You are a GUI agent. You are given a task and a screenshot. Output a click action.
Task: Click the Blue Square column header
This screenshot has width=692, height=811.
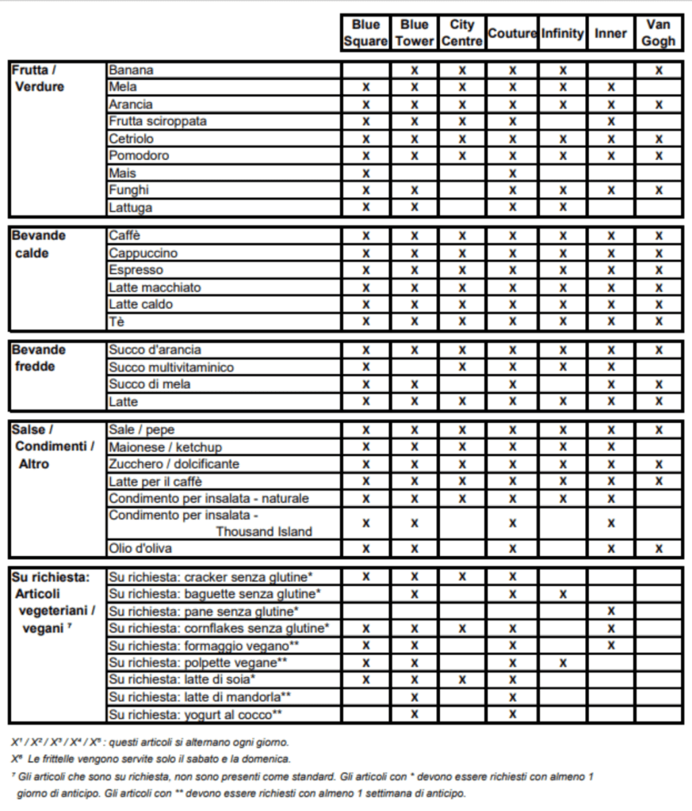click(365, 33)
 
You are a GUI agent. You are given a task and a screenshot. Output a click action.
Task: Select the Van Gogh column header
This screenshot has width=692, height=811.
click(659, 33)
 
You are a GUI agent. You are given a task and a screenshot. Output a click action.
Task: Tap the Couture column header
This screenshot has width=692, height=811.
click(512, 33)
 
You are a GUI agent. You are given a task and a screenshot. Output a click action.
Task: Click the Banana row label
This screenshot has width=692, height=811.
click(132, 70)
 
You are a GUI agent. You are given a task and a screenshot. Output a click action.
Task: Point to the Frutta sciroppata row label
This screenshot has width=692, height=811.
click(158, 121)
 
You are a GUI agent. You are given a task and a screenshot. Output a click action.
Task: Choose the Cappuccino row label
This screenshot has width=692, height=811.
click(143, 253)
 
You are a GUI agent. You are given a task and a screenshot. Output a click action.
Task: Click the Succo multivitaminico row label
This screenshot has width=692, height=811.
click(171, 367)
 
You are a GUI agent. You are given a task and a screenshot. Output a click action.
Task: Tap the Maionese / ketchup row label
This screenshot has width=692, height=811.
click(165, 447)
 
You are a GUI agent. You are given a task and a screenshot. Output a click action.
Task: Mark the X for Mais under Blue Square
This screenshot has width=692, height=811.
click(365, 173)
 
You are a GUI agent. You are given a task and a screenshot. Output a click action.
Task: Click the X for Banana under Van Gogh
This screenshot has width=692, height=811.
click(659, 70)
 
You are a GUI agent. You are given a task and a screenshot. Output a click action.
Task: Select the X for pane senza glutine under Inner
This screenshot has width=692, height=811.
click(610, 611)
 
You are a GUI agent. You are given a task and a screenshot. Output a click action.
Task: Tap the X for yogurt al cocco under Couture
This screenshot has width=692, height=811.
click(512, 714)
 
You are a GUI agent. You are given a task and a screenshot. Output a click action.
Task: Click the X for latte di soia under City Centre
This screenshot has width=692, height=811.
click(462, 680)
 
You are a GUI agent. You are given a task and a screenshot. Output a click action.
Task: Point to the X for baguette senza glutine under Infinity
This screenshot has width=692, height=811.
click(563, 594)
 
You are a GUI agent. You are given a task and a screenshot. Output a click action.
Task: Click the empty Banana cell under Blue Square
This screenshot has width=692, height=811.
click(365, 70)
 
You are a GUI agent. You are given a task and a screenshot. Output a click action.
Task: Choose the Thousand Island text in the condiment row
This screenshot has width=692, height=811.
click(264, 531)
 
